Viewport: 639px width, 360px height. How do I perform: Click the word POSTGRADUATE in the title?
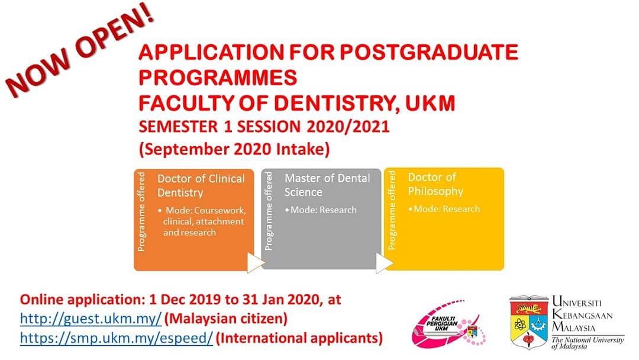pyautogui.click(x=429, y=52)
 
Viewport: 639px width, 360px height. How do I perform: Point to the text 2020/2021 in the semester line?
pyautogui.click(x=348, y=126)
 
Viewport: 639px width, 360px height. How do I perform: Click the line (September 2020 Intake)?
pyautogui.click(x=234, y=149)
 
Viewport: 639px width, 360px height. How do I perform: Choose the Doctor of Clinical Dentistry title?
pyautogui.click(x=201, y=185)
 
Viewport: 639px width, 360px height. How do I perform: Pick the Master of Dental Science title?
pyautogui.click(x=327, y=185)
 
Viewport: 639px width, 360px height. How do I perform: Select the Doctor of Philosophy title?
pyautogui.click(x=435, y=184)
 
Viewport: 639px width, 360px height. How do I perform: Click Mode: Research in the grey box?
pyautogui.click(x=321, y=210)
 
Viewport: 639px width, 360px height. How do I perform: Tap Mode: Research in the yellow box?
pyautogui.click(x=444, y=209)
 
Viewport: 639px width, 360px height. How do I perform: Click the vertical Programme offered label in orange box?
pyautogui.click(x=141, y=211)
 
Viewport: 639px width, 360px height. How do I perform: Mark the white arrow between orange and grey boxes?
pyautogui.click(x=255, y=262)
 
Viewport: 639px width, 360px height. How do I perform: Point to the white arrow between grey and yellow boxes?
pyautogui.click(x=383, y=263)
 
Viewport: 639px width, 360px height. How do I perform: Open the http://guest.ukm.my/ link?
pyautogui.click(x=91, y=319)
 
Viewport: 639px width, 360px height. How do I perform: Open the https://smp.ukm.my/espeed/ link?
pyautogui.click(x=116, y=338)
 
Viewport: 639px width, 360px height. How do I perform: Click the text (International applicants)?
pyautogui.click(x=299, y=338)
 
